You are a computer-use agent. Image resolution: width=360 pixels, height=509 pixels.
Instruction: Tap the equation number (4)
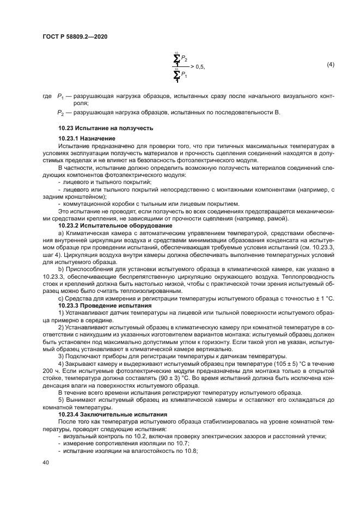point(330,65)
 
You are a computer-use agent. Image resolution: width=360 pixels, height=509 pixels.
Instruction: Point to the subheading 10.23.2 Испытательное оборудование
point(107,225)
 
